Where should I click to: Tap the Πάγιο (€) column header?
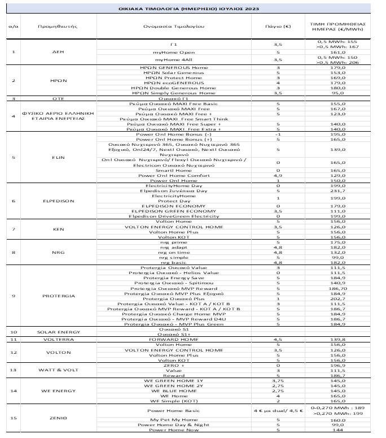coord(278,27)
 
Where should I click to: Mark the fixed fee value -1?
coord(278,135)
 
